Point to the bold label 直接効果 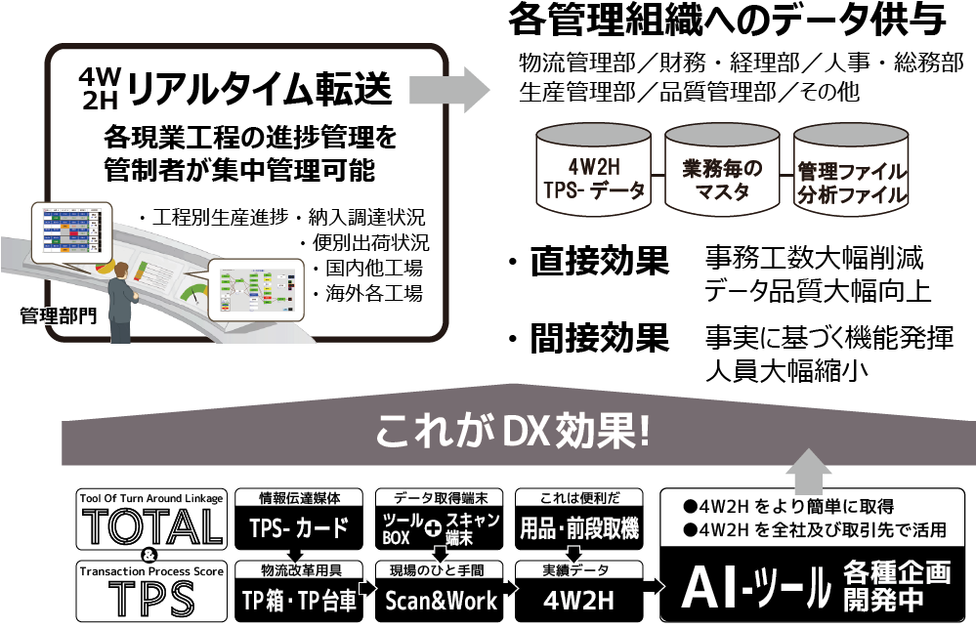click(x=599, y=262)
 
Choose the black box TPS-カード click(x=299, y=529)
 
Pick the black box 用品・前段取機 click(x=579, y=529)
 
